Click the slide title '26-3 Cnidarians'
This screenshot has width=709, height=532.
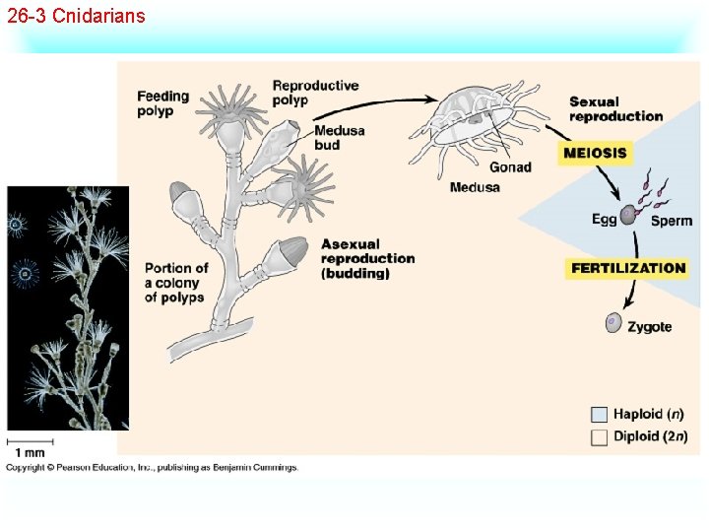pos(76,16)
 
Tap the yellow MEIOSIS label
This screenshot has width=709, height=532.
pos(595,153)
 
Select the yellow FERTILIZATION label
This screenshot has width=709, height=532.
pos(627,268)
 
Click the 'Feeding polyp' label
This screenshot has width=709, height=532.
pos(162,103)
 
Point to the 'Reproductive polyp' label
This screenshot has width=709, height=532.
pos(315,93)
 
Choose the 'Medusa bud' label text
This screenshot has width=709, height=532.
pos(340,138)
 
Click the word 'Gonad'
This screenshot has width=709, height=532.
pos(510,167)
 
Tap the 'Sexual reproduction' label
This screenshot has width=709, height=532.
pos(615,108)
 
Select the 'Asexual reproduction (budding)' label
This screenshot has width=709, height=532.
pos(367,258)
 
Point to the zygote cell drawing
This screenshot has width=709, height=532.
pos(613,322)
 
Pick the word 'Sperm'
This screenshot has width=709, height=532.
pos(672,221)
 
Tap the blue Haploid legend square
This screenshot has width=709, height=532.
pos(599,414)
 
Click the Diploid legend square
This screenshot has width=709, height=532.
pos(599,437)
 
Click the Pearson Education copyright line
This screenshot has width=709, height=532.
pos(153,467)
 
